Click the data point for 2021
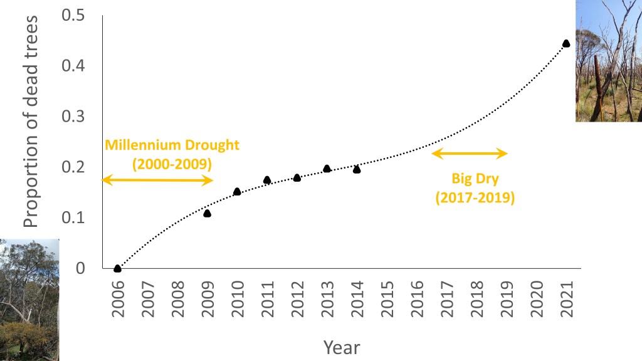[566, 43]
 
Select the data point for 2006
[117, 268]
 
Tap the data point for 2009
[207, 213]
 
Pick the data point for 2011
[267, 180]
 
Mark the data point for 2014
[357, 169]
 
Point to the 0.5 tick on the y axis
[73, 16]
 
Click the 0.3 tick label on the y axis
[73, 117]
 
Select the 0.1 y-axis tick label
[73, 217]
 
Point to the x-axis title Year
[342, 347]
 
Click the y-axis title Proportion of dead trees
[31, 122]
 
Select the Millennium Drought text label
[172, 145]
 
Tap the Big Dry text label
[475, 179]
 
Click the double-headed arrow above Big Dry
[470, 153]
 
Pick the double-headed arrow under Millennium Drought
[157, 180]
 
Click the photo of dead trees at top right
[608, 60]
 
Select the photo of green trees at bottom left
[29, 300]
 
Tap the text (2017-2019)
[475, 198]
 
